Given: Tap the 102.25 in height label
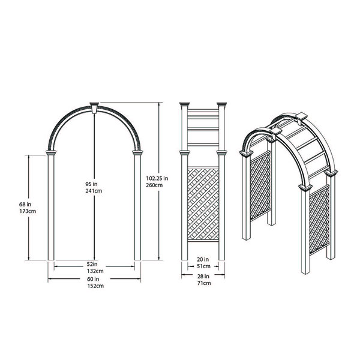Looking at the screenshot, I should pos(157,178).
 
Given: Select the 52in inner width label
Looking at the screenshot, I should pos(92,263).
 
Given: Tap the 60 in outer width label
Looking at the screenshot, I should pos(92,279).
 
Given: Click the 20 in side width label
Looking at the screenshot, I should pos(203,259).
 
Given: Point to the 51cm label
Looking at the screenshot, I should pos(203,266).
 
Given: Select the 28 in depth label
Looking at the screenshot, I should pos(203,276).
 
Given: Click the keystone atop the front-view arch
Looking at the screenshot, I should pos(94,107).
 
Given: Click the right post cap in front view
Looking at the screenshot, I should pos(136,155).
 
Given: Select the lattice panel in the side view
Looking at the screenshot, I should pos(203,204).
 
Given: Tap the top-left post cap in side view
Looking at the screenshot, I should pos(184,107).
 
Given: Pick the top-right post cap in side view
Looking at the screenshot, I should pos(223,107).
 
